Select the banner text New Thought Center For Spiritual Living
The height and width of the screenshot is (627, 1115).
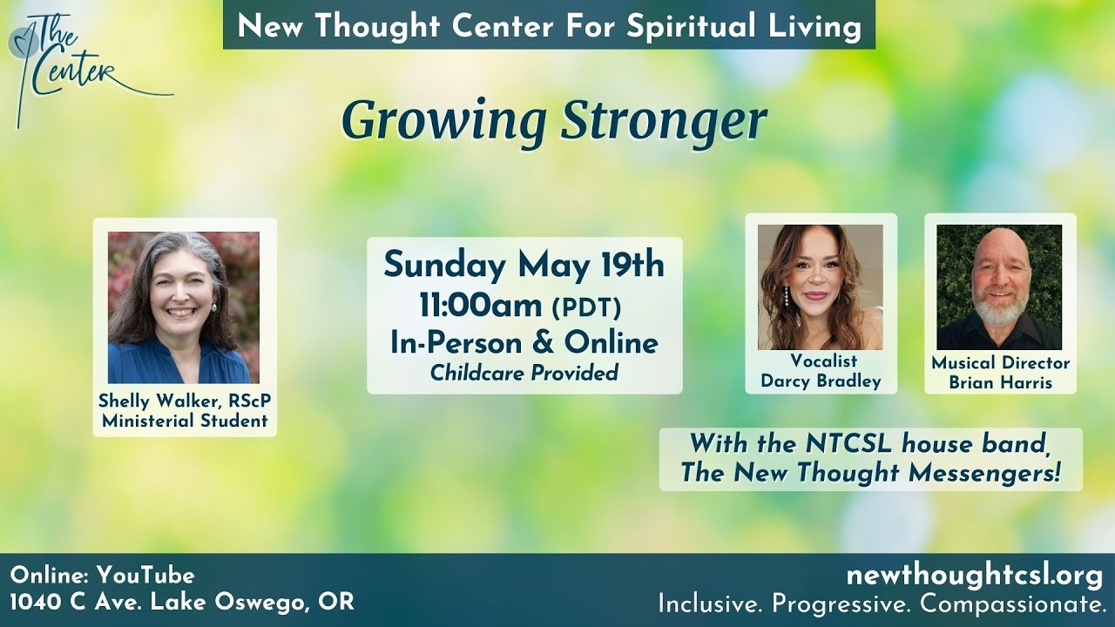point(549,25)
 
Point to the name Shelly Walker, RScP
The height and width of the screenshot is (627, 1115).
point(185,401)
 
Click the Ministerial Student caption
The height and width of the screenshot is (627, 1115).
point(185,421)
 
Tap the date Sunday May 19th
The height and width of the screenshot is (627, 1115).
point(524,265)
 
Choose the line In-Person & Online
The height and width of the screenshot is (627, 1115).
point(524,342)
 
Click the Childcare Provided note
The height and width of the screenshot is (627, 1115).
point(524,373)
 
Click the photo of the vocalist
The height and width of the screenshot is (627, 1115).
point(821,287)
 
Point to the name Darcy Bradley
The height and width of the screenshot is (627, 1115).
point(821,381)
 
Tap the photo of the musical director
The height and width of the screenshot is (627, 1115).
point(999,287)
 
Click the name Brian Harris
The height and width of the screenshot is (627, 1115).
point(1000,382)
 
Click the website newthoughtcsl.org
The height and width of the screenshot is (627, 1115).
point(974,576)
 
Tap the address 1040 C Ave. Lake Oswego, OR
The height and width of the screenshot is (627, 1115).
point(182,602)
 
